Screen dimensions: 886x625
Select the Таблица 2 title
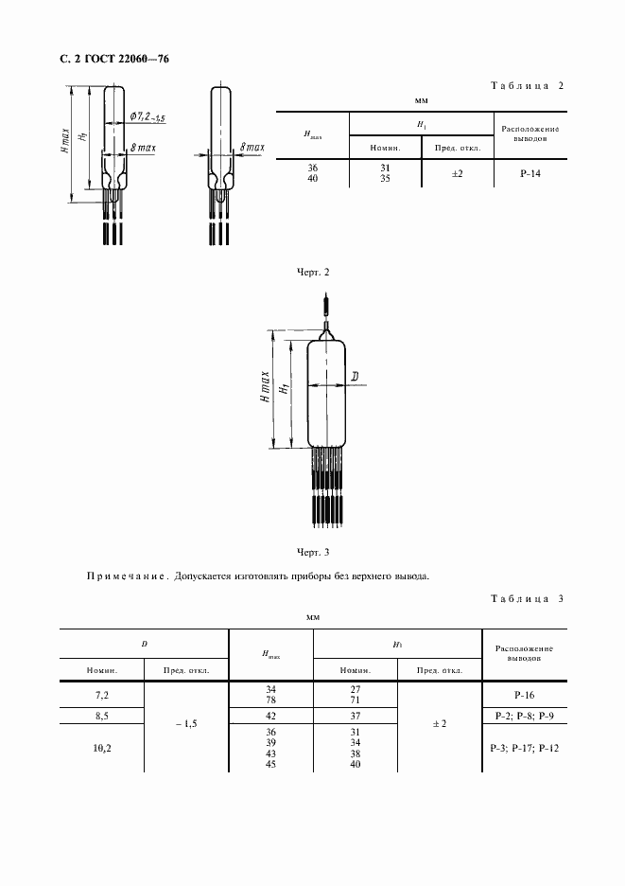pyautogui.click(x=527, y=85)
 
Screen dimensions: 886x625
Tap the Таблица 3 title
pyautogui.click(x=527, y=598)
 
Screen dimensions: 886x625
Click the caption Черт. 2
pyautogui.click(x=312, y=273)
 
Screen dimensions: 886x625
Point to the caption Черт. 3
pyautogui.click(x=312, y=551)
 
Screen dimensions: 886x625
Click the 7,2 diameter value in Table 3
pyautogui.click(x=101, y=694)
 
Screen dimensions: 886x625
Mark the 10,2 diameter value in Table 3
pyautogui.click(x=101, y=749)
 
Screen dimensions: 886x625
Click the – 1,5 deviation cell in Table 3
pyautogui.click(x=185, y=724)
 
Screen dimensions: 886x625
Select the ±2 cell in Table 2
pyautogui.click(x=458, y=174)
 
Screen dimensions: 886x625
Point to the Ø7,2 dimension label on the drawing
pyautogui.click(x=148, y=118)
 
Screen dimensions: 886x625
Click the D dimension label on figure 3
pyautogui.click(x=354, y=378)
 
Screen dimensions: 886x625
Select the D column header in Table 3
pyautogui.click(x=144, y=645)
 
